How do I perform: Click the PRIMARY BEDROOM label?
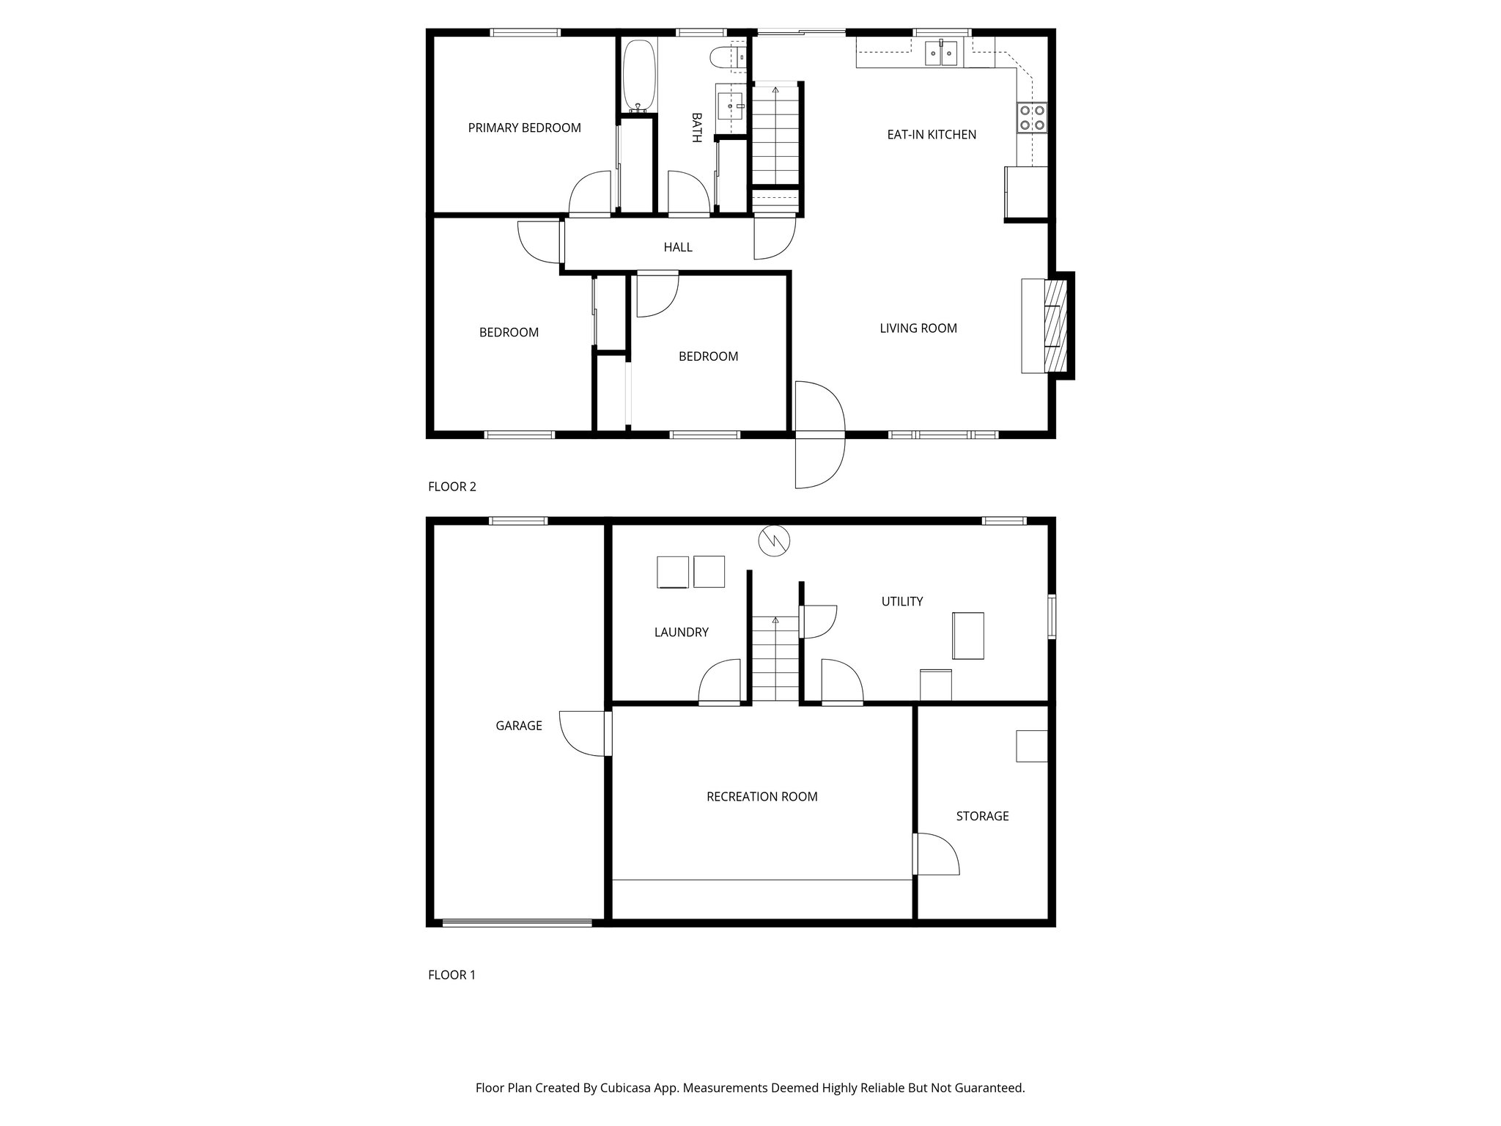point(524,128)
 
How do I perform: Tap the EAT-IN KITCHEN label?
point(932,135)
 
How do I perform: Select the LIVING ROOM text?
point(918,328)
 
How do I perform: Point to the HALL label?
point(678,248)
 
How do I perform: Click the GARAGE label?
point(519,726)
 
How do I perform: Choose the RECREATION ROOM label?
point(761,797)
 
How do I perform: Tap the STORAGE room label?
point(982,816)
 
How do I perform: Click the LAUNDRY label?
point(681,633)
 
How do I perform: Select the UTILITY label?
point(901,602)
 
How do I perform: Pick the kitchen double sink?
point(941,54)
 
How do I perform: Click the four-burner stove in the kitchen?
point(1032,118)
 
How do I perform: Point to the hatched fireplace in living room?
point(1055,324)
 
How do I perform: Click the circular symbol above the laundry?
point(775,541)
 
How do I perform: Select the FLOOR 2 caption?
point(452,487)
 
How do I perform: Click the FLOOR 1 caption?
point(452,975)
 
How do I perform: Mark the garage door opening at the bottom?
point(517,923)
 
